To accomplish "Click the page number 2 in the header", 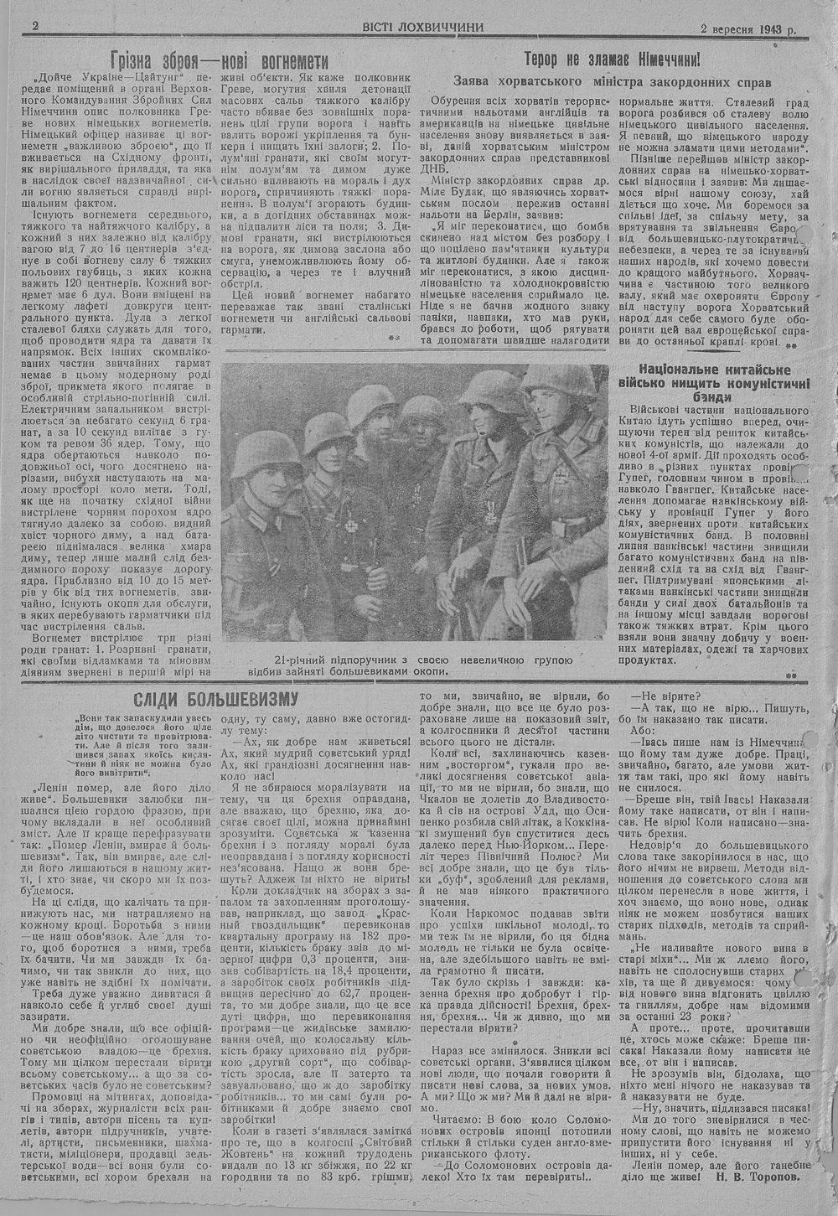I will tap(35, 26).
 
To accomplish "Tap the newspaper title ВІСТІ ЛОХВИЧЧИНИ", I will tap(423, 26).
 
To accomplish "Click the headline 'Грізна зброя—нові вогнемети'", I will tap(220, 61).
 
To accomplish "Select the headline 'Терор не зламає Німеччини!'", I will tap(612, 60).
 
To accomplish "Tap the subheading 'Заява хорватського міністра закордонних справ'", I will tap(612, 81).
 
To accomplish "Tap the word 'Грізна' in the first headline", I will tap(138, 61).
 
